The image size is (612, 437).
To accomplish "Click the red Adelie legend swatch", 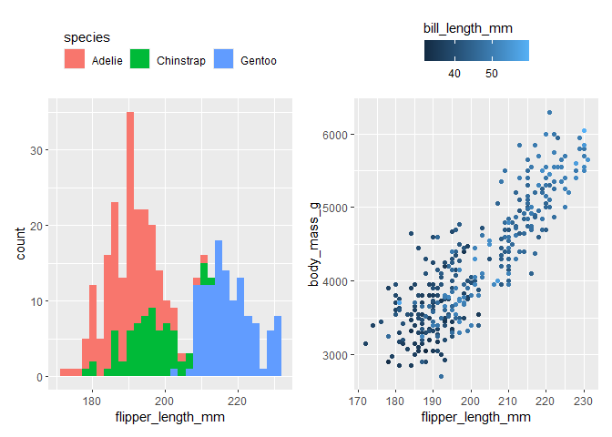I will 75,60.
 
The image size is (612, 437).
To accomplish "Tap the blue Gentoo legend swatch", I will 224,60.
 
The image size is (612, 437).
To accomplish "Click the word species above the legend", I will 87,38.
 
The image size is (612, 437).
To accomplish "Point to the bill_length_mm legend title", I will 468,29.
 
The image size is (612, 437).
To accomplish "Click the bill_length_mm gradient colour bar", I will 475,51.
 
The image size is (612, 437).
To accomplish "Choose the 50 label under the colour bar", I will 491,74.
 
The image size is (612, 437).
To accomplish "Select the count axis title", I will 22,244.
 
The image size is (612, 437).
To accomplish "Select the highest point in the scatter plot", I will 549,113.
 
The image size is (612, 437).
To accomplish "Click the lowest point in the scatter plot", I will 442,375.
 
